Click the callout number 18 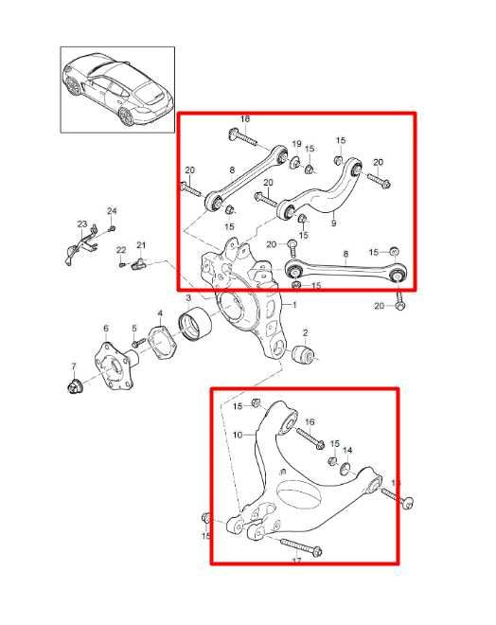[245, 119]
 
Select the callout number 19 [296, 143]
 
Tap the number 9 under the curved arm [333, 223]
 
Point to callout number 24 [111, 210]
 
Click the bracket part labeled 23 [89, 241]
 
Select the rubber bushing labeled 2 [305, 357]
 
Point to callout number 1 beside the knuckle [293, 305]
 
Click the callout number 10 [239, 434]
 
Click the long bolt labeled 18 [242, 138]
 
